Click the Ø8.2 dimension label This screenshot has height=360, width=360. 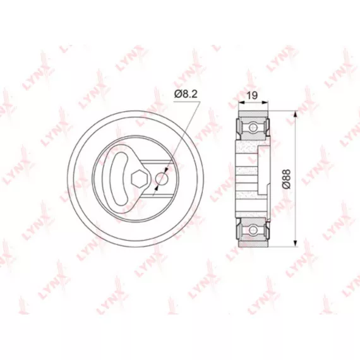coord(186,93)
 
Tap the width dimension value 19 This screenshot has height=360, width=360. coord(253,95)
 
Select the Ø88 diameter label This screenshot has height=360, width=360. coord(287,179)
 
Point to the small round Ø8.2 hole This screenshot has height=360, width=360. coord(162,179)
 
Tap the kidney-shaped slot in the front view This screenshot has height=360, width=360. coord(119,179)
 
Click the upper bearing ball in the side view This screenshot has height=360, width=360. coord(253,127)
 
